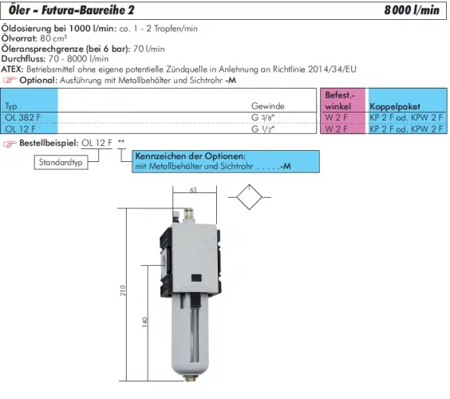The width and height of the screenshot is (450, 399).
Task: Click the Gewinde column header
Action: pos(268,105)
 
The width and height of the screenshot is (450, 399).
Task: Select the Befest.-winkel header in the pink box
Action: pos(343,100)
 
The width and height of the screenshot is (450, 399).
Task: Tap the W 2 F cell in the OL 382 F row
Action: pos(336,117)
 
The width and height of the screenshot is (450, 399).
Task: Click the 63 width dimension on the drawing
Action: pos(193,191)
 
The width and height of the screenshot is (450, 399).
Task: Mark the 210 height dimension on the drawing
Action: pos(124,291)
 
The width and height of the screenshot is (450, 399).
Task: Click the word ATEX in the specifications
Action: pos(14,69)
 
